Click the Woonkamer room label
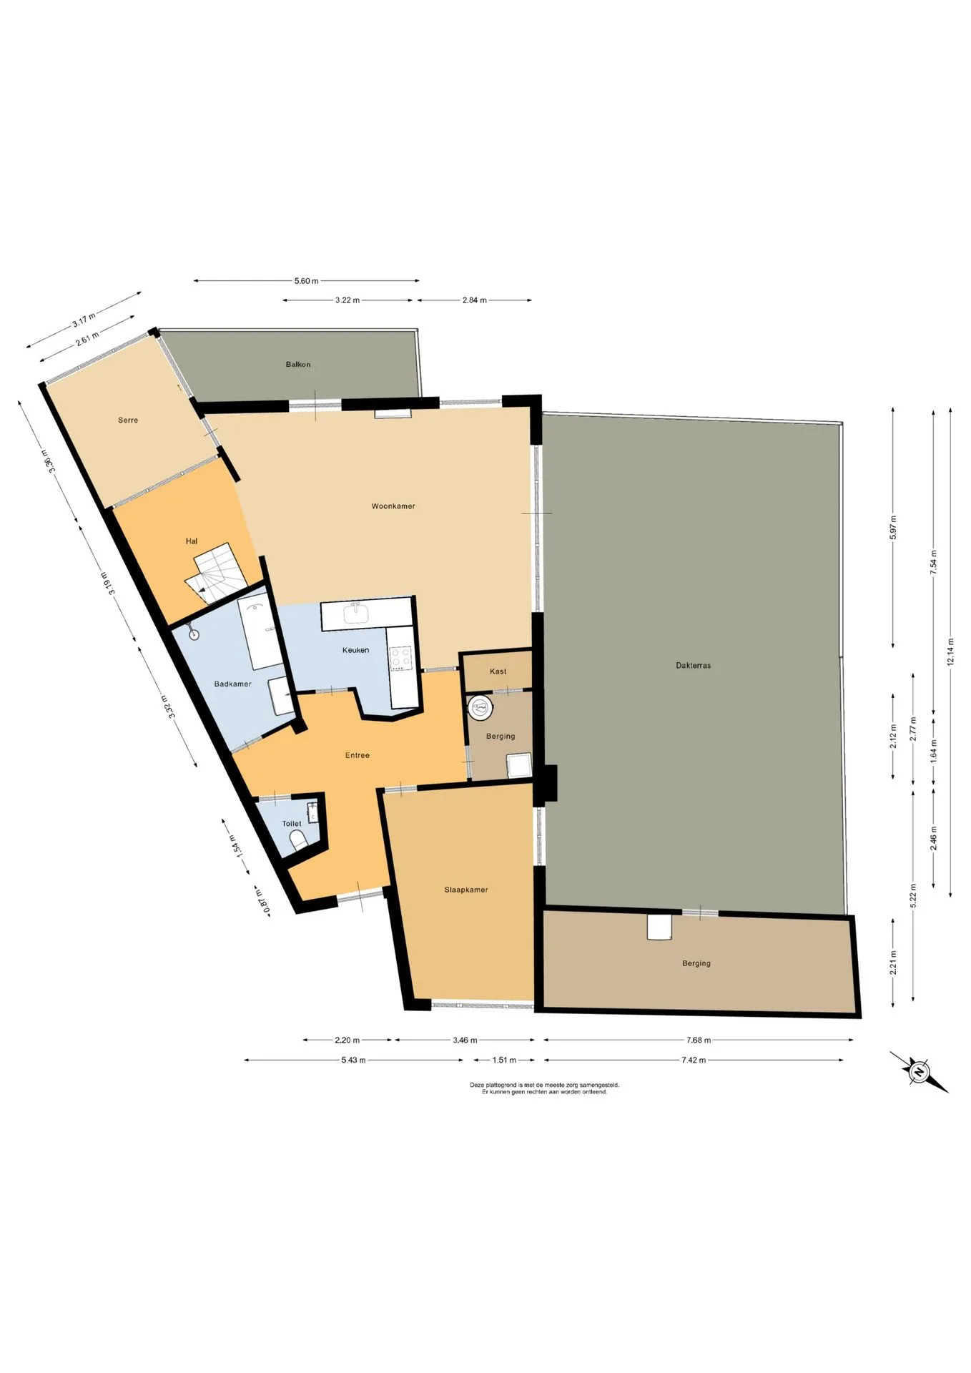point(393,506)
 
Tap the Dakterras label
point(693,665)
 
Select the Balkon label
point(298,364)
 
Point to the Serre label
point(128,420)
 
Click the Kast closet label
point(498,671)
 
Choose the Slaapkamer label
point(466,890)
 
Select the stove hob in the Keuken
point(400,658)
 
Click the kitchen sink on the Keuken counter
point(355,614)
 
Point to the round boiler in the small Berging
point(480,708)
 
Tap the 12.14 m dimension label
point(950,651)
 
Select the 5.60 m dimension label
point(307,281)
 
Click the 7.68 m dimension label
point(698,1040)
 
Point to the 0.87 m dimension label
point(262,901)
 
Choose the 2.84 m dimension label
point(474,300)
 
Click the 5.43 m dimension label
point(353,1060)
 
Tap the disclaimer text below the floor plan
point(544,1088)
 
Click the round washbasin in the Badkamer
point(193,634)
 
